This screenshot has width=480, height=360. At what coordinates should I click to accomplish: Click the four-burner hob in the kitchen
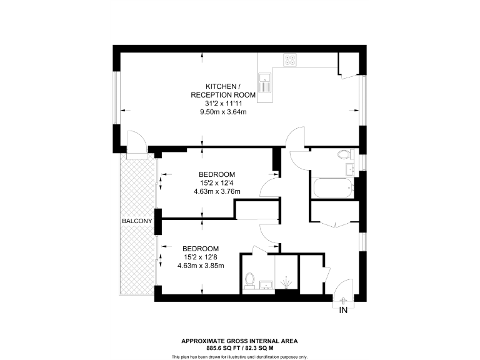pos(291,60)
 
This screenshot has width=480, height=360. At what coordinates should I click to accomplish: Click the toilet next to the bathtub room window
pos(343,154)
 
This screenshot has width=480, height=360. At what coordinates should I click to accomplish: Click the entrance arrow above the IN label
pos(343,301)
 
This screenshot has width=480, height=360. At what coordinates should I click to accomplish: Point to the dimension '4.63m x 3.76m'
pos(217,192)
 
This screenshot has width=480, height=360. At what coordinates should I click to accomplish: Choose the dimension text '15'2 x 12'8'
pos(201,257)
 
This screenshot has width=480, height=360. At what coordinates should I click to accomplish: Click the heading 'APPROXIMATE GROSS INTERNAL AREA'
pos(239,341)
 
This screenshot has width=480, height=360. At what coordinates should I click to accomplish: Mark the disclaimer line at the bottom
pos(239,356)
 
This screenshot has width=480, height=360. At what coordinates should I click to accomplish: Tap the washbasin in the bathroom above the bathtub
pos(349,169)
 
